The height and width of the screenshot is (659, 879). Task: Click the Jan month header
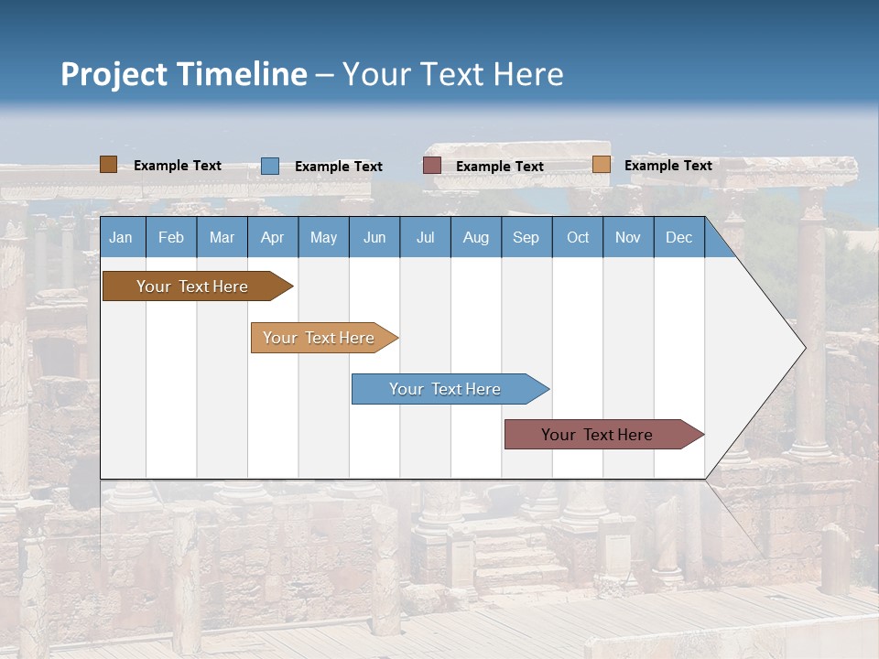point(121,237)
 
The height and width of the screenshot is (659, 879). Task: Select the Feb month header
point(171,237)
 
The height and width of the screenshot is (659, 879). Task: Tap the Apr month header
point(272,237)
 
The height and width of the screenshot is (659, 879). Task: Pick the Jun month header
point(374,237)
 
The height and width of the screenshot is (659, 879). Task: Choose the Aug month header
point(475,237)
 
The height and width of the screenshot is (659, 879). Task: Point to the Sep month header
point(526,237)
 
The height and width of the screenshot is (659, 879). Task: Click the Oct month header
point(578,237)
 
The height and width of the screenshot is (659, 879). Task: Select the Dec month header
point(678,237)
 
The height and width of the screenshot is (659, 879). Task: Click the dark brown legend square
point(109,165)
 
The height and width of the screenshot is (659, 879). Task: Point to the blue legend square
point(270,166)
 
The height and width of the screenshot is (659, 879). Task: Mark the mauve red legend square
point(432,166)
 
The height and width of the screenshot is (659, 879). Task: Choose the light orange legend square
point(602,165)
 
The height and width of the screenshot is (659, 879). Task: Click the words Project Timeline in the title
point(184,74)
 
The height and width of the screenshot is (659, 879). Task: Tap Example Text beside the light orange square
point(667,165)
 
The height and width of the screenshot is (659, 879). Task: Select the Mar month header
point(222,237)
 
